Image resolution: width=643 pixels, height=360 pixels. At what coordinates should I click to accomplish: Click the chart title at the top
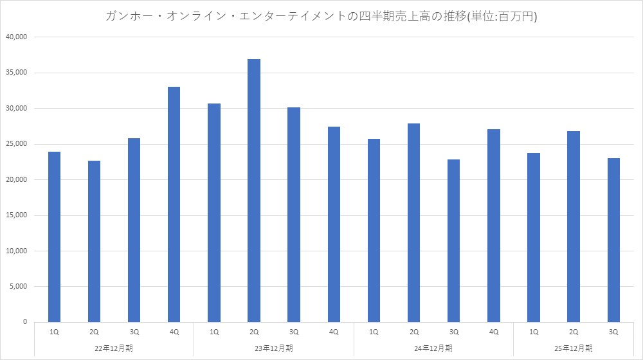click(321, 17)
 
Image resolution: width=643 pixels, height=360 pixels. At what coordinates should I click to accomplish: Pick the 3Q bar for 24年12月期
click(453, 240)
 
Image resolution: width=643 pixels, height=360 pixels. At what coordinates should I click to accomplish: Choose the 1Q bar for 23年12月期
click(214, 213)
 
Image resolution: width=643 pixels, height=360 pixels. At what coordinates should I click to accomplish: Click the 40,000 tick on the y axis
click(15, 37)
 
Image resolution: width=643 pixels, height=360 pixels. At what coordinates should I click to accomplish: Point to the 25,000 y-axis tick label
click(15, 144)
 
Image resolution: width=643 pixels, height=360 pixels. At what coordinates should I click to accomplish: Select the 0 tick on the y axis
click(24, 321)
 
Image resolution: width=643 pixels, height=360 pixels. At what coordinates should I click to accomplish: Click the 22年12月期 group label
click(114, 348)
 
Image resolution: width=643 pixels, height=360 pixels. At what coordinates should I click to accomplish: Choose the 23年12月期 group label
click(274, 348)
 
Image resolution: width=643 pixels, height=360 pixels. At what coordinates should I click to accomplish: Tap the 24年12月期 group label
click(433, 348)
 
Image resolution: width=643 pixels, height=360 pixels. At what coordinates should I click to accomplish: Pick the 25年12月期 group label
click(573, 348)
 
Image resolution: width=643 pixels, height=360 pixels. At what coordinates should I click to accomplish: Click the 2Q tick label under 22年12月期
click(94, 332)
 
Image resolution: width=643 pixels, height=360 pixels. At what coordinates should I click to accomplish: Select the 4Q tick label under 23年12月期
click(334, 332)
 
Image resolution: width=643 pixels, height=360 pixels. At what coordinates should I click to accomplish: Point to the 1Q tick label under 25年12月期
click(533, 332)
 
